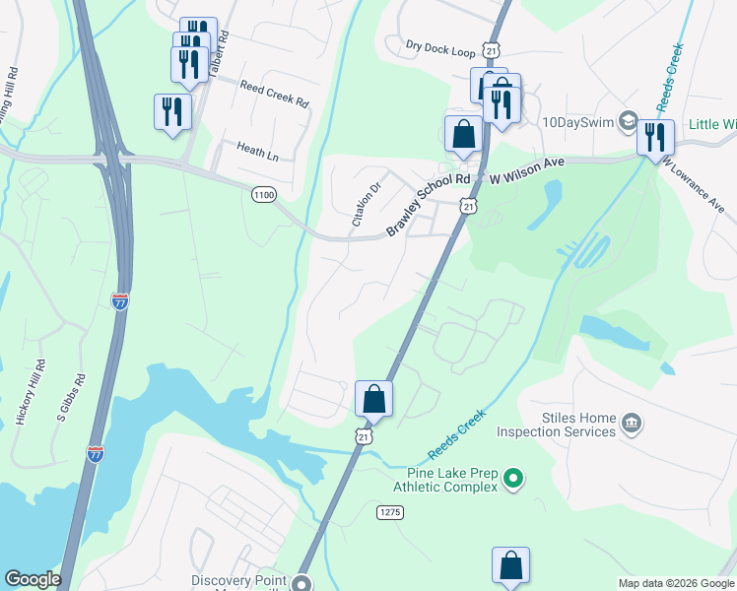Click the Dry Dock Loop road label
click(439, 46)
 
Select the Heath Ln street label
click(257, 151)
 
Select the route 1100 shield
click(263, 195)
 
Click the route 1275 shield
click(390, 511)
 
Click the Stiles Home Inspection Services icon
click(632, 425)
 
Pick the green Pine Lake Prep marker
click(512, 480)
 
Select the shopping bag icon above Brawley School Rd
click(463, 133)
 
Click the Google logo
click(33, 579)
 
